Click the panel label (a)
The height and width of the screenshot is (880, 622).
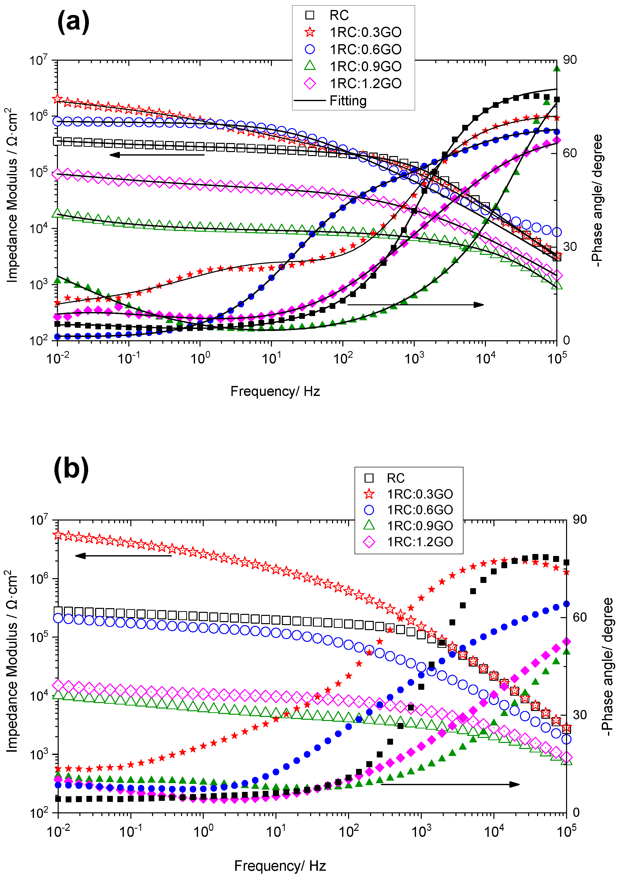(73, 22)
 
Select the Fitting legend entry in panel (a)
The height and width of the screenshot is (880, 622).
(348, 101)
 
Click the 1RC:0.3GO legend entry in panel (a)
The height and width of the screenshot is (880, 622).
(365, 32)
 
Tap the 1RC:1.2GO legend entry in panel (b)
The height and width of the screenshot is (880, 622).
(420, 542)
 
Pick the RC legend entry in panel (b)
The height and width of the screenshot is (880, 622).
(396, 478)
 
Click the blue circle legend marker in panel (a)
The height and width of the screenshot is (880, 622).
(310, 49)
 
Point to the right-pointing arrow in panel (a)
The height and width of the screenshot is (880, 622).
(415, 305)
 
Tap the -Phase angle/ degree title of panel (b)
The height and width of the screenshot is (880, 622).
(607, 666)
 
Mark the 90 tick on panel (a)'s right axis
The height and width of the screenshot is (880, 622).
(570, 60)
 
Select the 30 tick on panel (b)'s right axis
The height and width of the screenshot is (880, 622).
(580, 715)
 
